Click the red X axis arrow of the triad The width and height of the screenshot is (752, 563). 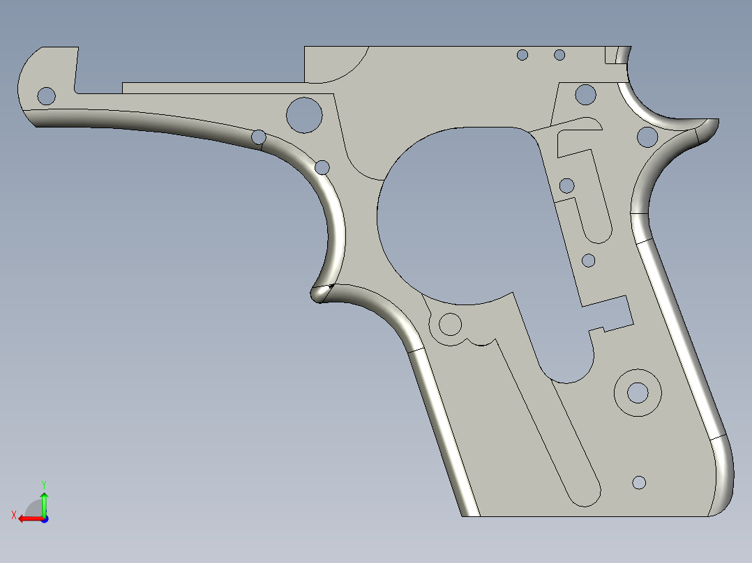coord(28,518)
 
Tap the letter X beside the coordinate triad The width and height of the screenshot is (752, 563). coord(13,516)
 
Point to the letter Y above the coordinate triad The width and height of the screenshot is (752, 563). coord(43,484)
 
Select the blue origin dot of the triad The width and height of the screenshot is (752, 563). coord(44,518)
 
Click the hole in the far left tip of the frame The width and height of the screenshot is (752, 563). coord(46,95)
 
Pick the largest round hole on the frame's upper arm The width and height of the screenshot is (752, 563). coord(304,114)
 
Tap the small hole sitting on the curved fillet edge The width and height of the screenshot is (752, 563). coord(259,137)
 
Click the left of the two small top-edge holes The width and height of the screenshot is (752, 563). coord(522,55)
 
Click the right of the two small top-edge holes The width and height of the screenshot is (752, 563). coord(559,54)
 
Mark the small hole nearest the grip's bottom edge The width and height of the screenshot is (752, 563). coord(639,482)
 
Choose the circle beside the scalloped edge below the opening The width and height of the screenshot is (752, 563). coord(450,324)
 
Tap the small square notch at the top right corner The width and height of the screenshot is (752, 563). coord(611,55)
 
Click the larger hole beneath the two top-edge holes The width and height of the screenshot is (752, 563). coord(586,94)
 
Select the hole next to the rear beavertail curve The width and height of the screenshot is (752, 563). coord(647,137)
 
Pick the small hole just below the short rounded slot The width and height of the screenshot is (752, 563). coord(588,261)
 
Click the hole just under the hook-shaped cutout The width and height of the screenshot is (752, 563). coord(566,185)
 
